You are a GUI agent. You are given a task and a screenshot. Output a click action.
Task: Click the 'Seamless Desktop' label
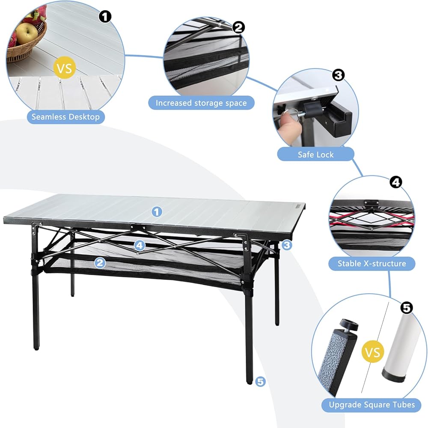coord(65,117)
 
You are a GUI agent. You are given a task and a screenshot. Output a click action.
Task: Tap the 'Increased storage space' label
coord(201,103)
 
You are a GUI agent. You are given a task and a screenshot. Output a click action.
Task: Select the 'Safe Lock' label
coord(315,155)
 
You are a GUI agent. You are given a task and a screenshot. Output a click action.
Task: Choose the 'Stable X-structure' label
coord(372,263)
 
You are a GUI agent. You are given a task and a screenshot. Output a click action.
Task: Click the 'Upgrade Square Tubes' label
coord(372,404)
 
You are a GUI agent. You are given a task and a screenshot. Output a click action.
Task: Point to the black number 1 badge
coord(105,17)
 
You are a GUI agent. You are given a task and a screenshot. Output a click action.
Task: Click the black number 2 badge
coord(238,27)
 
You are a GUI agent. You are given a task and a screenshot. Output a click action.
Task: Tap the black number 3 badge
coord(338,75)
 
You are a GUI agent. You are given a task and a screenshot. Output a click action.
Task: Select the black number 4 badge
coord(396,182)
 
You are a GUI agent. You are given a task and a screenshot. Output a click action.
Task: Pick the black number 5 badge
coord(407,308)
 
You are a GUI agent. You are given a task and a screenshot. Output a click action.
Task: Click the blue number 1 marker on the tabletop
coord(157,212)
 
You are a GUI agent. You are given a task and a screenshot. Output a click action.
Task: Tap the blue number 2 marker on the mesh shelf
coord(100,263)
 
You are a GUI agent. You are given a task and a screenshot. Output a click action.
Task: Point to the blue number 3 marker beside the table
coord(287,245)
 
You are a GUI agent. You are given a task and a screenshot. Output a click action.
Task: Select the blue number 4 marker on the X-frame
coord(140,246)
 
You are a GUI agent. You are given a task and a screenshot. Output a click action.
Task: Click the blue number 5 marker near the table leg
coord(260,381)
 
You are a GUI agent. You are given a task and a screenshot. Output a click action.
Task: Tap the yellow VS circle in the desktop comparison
coord(65,68)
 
